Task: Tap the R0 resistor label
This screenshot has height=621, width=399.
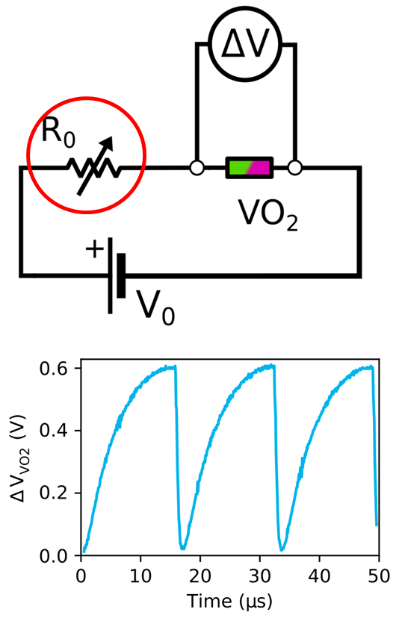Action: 58,132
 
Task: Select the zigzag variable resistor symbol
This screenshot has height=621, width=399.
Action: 94,168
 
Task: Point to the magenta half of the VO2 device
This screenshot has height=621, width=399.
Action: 260,168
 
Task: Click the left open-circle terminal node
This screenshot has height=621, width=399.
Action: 197,168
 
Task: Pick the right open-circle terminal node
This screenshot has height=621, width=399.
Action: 294,168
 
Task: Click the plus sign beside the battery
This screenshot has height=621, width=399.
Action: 94,249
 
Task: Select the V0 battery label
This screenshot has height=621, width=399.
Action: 155,308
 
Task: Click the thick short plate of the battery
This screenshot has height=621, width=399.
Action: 121,275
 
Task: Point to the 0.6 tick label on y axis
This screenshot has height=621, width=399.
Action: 55,368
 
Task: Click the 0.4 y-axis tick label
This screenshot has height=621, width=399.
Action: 55,431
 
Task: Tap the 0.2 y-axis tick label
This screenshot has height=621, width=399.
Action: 55,493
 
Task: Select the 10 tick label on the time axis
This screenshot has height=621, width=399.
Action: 140,575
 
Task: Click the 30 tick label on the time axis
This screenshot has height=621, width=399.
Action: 260,575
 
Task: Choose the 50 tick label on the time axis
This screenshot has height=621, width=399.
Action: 379,575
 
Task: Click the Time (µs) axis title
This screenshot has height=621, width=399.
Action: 229,601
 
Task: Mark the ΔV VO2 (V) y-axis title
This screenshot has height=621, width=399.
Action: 19,458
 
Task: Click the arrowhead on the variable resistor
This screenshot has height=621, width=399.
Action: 108,143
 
